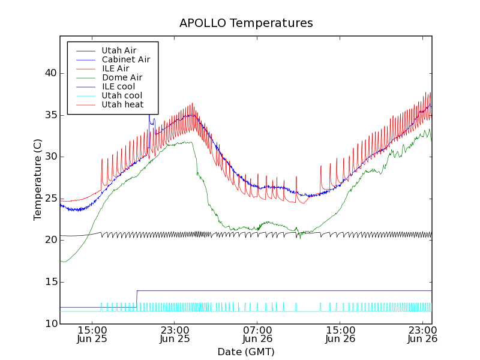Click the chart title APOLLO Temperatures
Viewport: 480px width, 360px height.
click(246, 23)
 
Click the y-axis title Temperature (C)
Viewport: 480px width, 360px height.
click(38, 179)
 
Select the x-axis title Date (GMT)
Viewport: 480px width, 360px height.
click(245, 352)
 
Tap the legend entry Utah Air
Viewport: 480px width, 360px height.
click(118, 50)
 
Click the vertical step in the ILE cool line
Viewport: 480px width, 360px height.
click(137, 299)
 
